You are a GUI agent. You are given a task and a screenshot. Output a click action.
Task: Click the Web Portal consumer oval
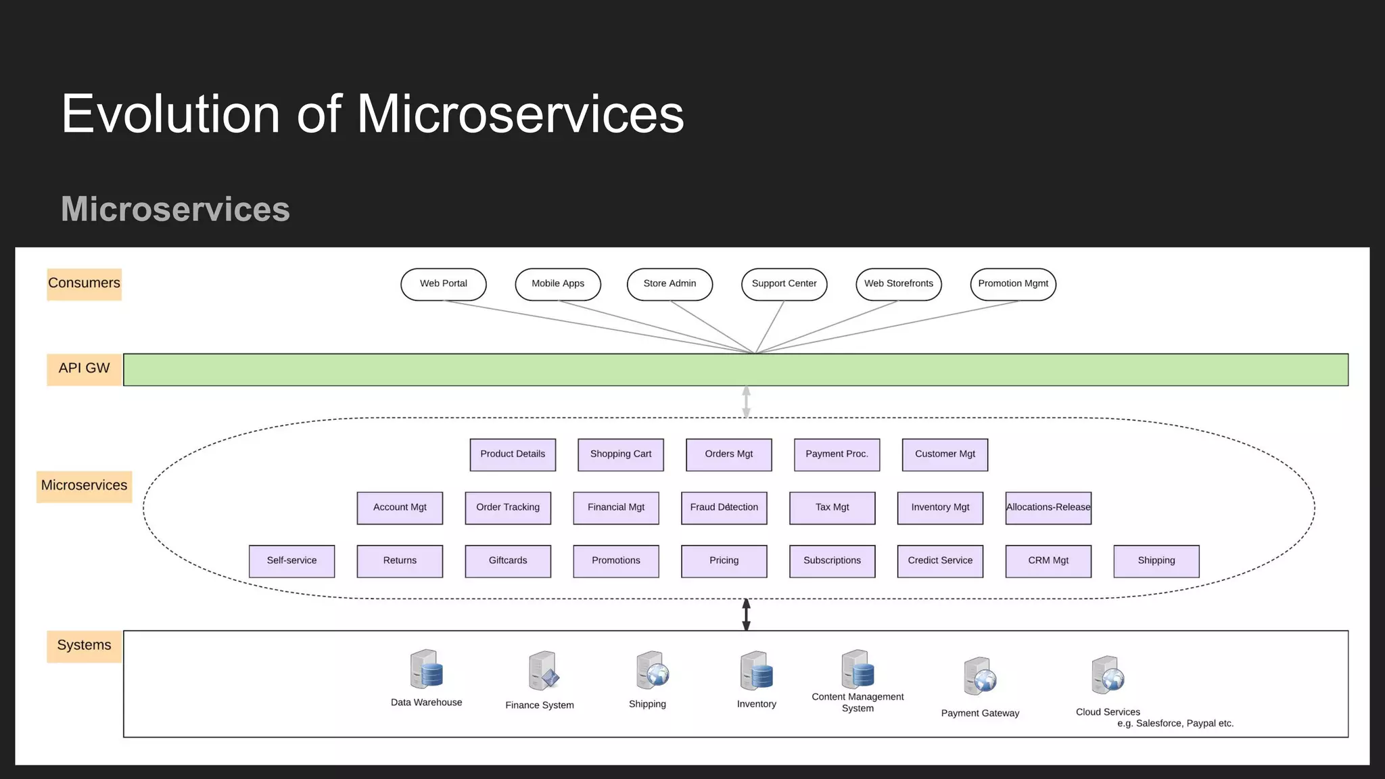click(443, 284)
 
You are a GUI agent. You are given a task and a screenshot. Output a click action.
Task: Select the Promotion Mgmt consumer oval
click(1012, 284)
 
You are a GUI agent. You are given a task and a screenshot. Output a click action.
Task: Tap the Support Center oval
click(784, 284)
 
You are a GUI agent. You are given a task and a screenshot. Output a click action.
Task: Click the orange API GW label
click(84, 369)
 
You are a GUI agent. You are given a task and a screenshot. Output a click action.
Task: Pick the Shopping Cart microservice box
click(620, 454)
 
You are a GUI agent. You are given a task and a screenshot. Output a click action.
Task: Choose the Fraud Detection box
click(724, 508)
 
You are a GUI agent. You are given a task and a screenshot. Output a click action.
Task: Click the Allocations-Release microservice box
click(1048, 508)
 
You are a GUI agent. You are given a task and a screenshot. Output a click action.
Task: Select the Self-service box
click(291, 561)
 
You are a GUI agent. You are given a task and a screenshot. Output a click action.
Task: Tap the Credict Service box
click(939, 561)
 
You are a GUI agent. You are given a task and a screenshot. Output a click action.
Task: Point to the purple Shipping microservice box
click(1156, 561)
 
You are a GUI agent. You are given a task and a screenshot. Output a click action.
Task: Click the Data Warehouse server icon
click(426, 669)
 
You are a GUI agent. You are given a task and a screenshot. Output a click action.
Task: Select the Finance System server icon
click(543, 671)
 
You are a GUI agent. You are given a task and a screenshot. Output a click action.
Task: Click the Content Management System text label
click(858, 703)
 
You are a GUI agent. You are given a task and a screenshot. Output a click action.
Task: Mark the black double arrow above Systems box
click(746, 615)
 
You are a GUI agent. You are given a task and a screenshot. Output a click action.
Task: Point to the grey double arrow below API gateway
click(746, 402)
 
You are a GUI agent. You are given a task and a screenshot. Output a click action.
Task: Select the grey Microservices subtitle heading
click(175, 209)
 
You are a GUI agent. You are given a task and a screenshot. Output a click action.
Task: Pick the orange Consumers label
click(84, 284)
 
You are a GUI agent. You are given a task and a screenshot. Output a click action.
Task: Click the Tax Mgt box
click(832, 508)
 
